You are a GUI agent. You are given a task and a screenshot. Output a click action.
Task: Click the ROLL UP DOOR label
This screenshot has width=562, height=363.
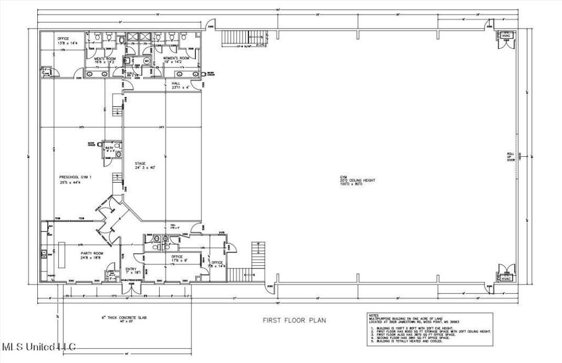[510, 157]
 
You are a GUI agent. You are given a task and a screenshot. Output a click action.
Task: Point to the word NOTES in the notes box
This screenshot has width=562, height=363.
[374, 316]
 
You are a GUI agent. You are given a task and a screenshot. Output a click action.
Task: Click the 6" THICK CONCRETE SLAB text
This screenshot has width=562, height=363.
[124, 318]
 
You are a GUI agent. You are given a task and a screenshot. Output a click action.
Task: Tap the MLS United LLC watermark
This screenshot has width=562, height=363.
[39, 347]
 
